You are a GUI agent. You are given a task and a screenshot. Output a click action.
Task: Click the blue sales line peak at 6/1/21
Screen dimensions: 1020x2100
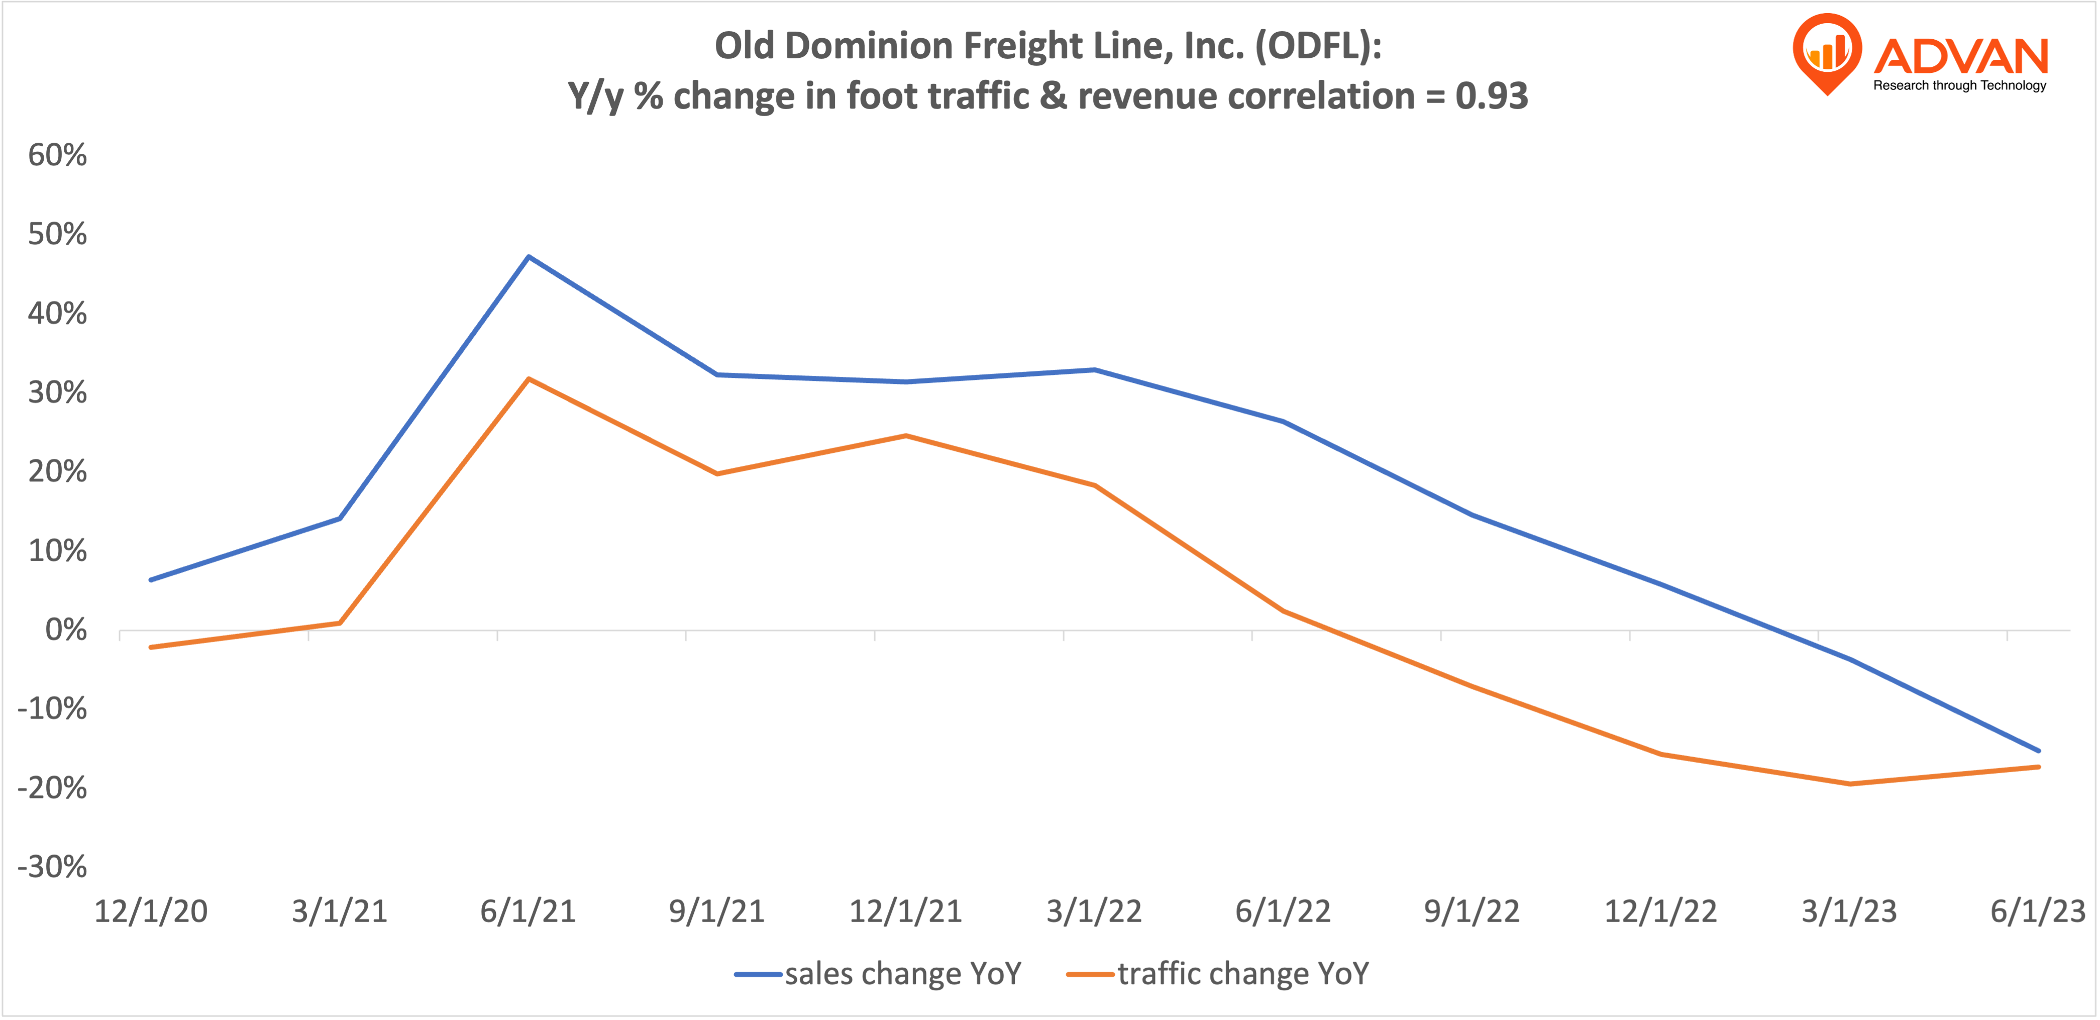click(529, 257)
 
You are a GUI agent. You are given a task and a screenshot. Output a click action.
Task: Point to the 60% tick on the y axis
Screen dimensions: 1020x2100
click(57, 155)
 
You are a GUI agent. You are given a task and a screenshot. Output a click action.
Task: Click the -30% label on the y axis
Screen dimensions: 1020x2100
click(52, 866)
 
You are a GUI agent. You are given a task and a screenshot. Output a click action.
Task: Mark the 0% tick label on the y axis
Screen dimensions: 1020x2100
click(65, 630)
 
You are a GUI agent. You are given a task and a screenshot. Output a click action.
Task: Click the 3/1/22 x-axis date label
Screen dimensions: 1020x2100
click(1094, 911)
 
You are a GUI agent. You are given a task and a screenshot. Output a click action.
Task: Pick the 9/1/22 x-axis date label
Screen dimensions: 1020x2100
click(1472, 911)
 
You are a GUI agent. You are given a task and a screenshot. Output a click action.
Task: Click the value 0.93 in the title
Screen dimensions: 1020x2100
click(1491, 96)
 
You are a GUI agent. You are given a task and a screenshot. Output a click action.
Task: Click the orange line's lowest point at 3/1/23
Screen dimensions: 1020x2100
click(1849, 783)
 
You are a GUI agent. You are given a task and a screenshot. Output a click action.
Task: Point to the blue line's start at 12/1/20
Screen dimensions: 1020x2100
click(152, 580)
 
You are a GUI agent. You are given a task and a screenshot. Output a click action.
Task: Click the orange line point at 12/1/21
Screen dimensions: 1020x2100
click(906, 436)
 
